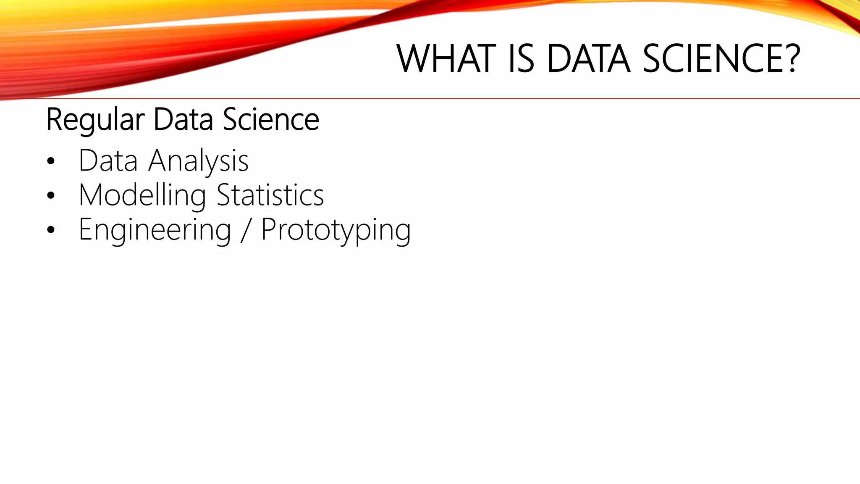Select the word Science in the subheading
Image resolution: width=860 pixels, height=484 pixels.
click(271, 120)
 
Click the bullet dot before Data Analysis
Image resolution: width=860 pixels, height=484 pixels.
click(51, 161)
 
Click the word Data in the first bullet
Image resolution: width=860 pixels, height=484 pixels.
click(108, 160)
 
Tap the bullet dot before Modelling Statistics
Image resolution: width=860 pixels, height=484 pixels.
click(51, 196)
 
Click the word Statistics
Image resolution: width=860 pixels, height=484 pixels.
click(270, 195)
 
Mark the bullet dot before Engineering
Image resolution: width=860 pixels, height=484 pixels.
click(51, 230)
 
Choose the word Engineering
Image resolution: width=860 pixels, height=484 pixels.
click(155, 230)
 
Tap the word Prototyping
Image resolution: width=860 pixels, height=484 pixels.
click(336, 230)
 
